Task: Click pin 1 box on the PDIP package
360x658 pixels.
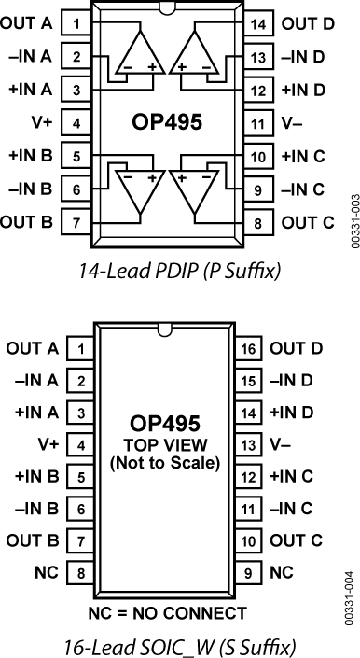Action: (76, 22)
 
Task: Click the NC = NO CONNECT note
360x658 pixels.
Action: (167, 613)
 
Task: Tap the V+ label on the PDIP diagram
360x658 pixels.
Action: (43, 122)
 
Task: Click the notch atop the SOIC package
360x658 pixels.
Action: (167, 329)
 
